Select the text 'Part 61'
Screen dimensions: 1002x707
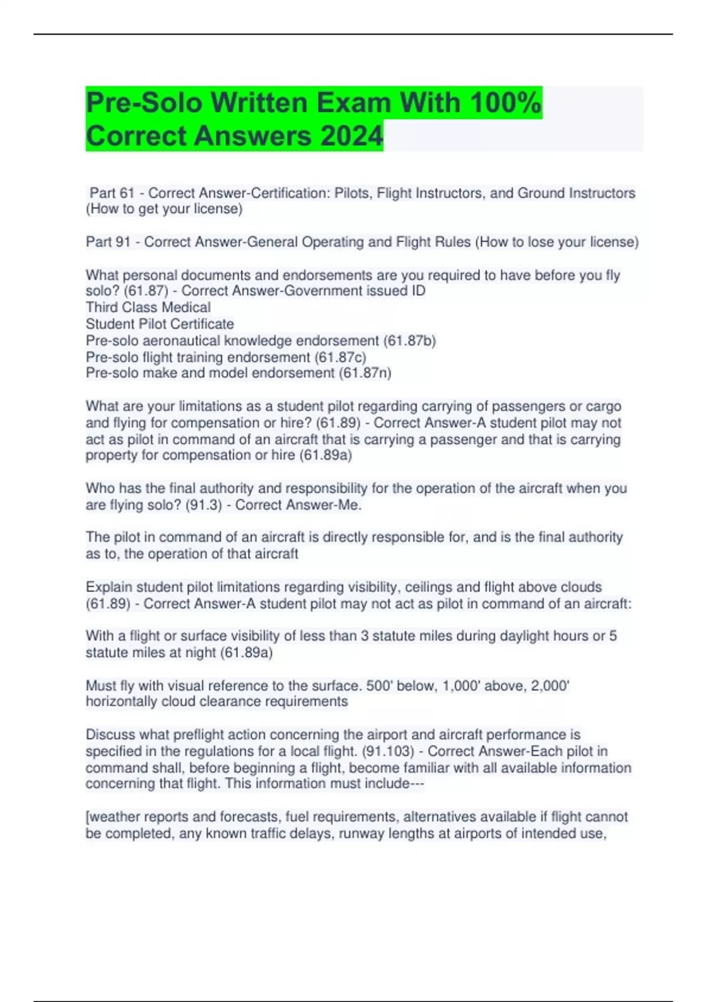pos(112,193)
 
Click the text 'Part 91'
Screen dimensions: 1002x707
pos(108,242)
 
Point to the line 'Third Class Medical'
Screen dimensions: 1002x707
pos(148,308)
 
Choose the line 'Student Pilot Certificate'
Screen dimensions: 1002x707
pos(160,324)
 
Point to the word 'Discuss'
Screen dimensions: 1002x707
pos(109,735)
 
